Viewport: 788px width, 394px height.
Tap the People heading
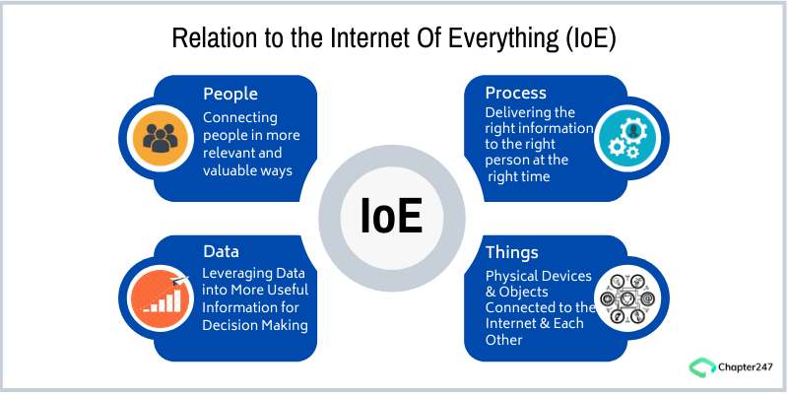tap(230, 94)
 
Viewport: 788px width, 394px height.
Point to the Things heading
tap(512, 253)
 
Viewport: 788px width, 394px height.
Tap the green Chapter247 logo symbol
tap(700, 366)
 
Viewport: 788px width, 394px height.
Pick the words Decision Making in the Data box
tap(255, 326)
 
